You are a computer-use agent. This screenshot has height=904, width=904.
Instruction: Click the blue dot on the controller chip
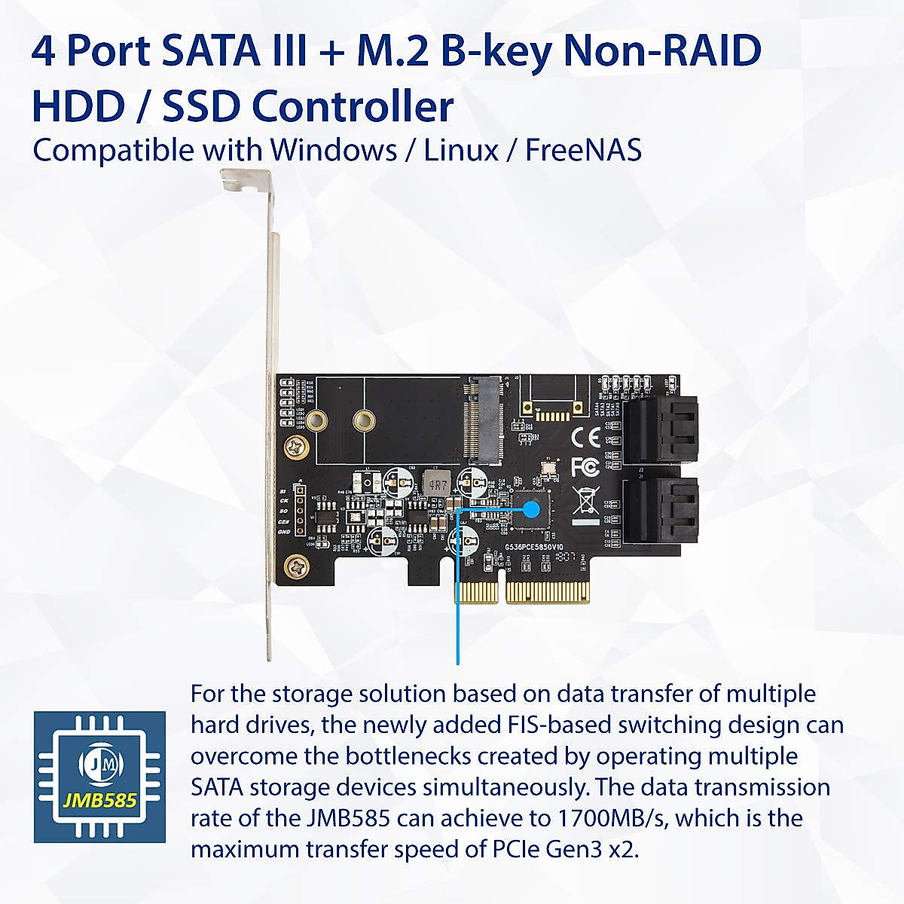click(x=531, y=509)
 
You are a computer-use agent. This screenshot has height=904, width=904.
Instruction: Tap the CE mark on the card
click(x=585, y=438)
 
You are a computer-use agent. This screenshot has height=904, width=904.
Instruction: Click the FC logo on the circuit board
click(x=585, y=467)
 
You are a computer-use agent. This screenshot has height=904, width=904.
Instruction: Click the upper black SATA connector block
click(x=661, y=429)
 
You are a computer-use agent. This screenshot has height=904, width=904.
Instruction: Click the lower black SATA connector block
click(x=661, y=511)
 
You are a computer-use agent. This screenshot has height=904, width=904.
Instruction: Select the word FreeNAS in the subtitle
click(x=583, y=150)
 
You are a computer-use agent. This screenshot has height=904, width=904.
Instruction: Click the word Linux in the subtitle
click(x=461, y=150)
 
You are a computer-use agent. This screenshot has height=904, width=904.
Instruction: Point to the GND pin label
click(x=283, y=532)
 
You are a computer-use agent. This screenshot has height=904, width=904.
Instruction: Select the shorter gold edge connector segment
click(x=476, y=592)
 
